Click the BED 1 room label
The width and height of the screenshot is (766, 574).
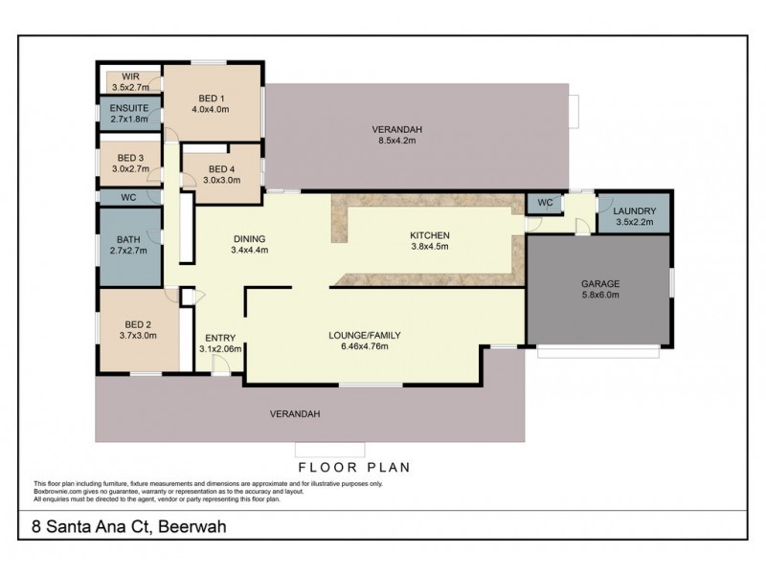(x=211, y=97)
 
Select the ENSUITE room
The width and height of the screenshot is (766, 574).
(x=128, y=115)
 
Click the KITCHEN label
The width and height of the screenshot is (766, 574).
(x=429, y=234)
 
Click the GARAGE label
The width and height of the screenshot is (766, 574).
(x=600, y=284)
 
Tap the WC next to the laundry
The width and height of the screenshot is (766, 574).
(x=544, y=203)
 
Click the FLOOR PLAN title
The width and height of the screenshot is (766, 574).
(x=354, y=468)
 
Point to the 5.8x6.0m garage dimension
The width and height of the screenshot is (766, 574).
(x=600, y=296)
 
